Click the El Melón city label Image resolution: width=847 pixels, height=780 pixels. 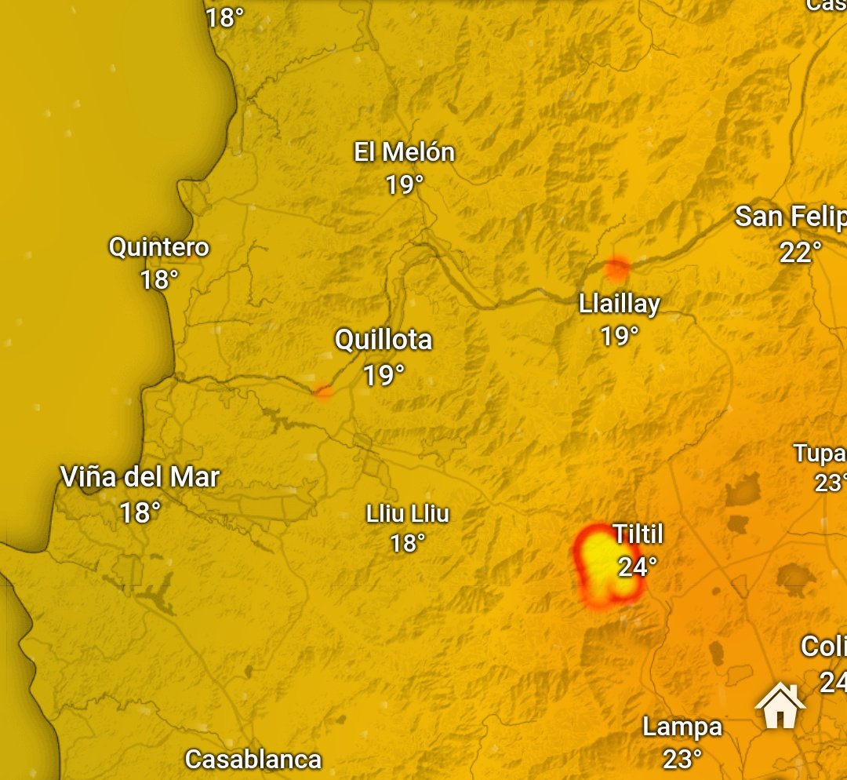(404, 152)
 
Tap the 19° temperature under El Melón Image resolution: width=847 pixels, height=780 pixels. (404, 185)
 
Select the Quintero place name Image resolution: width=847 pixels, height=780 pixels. (158, 247)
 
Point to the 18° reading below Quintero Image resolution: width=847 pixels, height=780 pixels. (159, 279)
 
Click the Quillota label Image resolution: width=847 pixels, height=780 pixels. (384, 340)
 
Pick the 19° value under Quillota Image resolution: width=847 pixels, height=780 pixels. (384, 376)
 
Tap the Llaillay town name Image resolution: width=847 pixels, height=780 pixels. (620, 304)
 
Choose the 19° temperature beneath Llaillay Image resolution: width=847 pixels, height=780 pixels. (620, 337)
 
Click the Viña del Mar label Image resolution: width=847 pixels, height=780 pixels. (140, 477)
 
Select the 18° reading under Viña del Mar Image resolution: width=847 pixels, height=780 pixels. (140, 513)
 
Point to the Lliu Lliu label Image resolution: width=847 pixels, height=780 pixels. (408, 515)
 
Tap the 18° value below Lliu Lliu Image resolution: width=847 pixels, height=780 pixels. (408, 542)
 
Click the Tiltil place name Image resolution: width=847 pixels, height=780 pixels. (638, 535)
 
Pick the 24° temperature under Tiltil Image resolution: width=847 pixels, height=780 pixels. (637, 567)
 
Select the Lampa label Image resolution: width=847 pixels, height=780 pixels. (682, 727)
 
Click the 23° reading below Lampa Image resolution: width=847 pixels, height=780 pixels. (682, 759)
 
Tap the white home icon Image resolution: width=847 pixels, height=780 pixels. (780, 706)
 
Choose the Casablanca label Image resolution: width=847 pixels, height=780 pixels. (253, 760)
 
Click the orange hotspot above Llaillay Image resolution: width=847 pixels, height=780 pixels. (617, 269)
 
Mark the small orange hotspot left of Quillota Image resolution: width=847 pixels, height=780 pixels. (322, 391)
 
